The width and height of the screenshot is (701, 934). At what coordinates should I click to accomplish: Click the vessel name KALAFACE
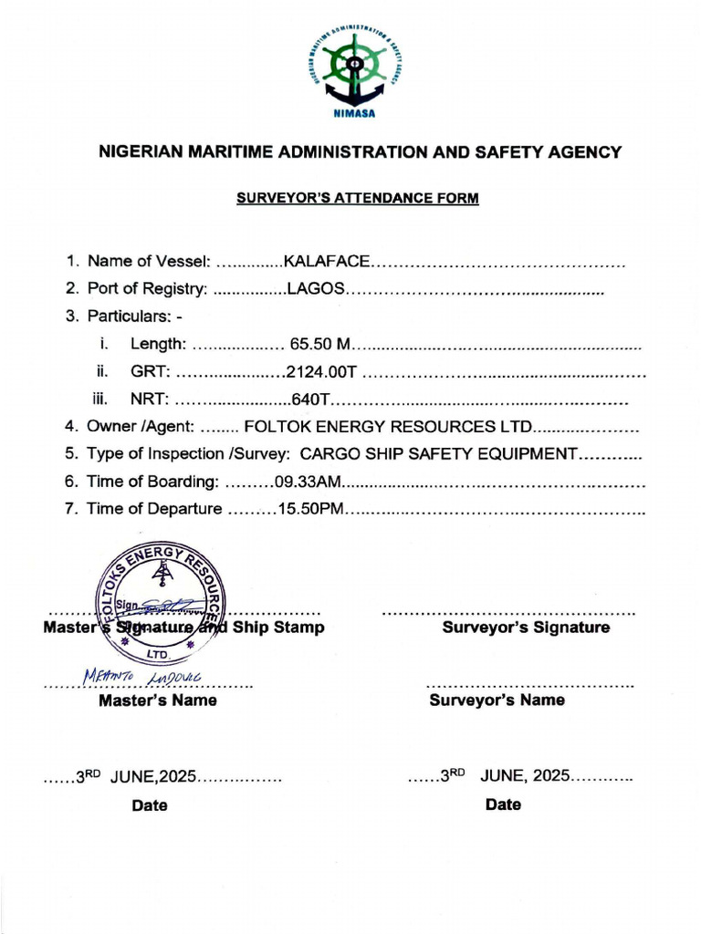327,262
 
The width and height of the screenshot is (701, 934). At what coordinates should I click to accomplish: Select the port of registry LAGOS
315,289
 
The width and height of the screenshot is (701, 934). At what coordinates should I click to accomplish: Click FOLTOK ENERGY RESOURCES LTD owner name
388,426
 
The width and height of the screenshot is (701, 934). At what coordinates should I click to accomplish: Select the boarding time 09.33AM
306,481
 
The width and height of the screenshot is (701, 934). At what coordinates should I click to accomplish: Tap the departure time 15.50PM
310,508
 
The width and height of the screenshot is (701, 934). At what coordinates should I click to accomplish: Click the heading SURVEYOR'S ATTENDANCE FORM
358,198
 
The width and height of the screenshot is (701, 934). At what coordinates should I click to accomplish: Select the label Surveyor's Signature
526,628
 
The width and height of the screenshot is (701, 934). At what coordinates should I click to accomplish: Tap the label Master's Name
157,700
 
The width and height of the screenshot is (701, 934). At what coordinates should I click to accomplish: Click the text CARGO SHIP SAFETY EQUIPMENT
439,453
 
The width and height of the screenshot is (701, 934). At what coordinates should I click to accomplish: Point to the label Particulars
128,317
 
